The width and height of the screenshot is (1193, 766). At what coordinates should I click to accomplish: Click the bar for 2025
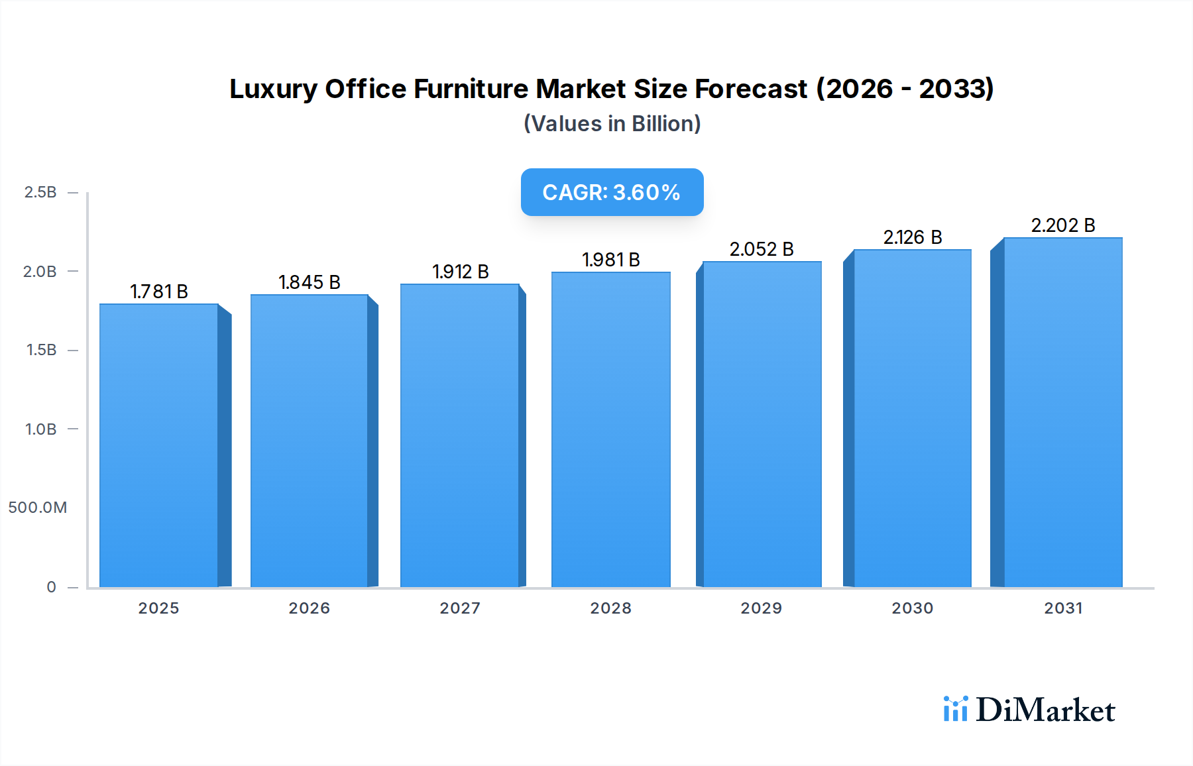[159, 445]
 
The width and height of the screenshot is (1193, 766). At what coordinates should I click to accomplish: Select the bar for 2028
[610, 429]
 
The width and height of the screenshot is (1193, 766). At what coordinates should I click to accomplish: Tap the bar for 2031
[1063, 412]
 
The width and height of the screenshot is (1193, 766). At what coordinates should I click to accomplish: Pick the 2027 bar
[459, 435]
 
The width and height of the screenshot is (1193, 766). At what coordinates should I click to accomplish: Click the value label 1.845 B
[310, 282]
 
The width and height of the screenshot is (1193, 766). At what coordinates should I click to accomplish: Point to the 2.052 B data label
[762, 249]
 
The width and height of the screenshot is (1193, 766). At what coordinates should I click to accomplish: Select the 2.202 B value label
[1063, 225]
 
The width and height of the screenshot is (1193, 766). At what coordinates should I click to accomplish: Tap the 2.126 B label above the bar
[913, 237]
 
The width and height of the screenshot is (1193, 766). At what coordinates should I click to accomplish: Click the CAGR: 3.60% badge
[612, 192]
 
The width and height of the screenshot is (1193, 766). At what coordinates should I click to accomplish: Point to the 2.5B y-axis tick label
[40, 192]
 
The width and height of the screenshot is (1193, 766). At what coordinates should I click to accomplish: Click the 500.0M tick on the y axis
[38, 508]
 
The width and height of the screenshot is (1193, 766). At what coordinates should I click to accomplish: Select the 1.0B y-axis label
[40, 429]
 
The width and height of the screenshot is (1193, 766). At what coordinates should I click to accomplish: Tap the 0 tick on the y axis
[51, 587]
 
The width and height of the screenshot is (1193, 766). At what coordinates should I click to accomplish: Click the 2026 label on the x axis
[310, 608]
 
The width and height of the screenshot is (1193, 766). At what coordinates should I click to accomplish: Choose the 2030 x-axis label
[913, 608]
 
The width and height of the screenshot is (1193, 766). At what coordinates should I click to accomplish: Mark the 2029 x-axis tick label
[762, 608]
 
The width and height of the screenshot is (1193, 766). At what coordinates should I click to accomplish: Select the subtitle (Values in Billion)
[612, 124]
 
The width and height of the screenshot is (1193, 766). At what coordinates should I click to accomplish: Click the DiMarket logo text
[1045, 710]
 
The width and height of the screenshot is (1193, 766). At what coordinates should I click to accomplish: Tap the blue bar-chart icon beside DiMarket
[956, 709]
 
